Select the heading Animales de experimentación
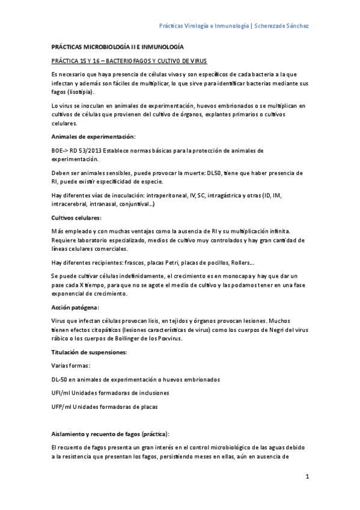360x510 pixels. [93, 137]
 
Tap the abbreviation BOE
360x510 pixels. [58, 150]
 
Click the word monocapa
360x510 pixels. [237, 275]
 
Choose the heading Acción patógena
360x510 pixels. [75, 307]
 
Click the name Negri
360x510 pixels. [276, 330]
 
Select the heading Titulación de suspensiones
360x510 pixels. [88, 351]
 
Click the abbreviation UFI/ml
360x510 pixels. [61, 393]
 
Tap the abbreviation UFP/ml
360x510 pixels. [61, 407]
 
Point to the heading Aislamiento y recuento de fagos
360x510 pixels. [111, 433]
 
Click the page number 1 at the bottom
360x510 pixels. [307, 477]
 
